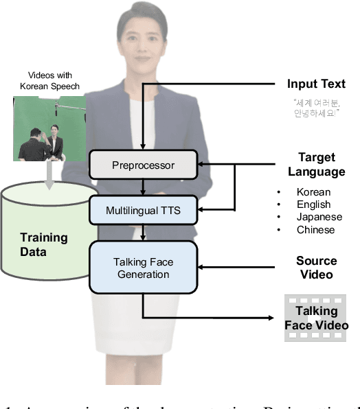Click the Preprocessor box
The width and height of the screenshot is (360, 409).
tap(143, 165)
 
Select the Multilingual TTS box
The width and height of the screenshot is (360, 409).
tap(143, 210)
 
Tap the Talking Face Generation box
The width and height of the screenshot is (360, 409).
tap(143, 268)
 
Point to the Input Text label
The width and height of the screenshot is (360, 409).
tap(316, 84)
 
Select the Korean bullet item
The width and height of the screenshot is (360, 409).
tap(313, 192)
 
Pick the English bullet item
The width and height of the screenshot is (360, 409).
tap(313, 204)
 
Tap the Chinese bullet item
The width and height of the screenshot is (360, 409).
tap(315, 229)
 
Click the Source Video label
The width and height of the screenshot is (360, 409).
tap(316, 267)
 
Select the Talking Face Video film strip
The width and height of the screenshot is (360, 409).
tap(315, 318)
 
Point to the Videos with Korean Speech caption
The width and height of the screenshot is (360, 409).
tap(50, 80)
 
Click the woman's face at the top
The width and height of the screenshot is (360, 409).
tap(142, 34)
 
